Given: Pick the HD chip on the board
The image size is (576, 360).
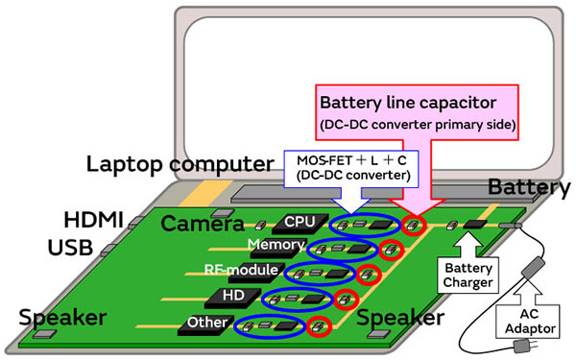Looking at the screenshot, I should [x=231, y=295].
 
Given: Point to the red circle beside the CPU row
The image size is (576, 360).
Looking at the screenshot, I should [x=415, y=227].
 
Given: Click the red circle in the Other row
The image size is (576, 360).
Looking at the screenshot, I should [x=320, y=327].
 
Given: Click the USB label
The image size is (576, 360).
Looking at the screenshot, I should [x=69, y=249].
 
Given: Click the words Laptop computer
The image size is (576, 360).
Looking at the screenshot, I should [x=168, y=163].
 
